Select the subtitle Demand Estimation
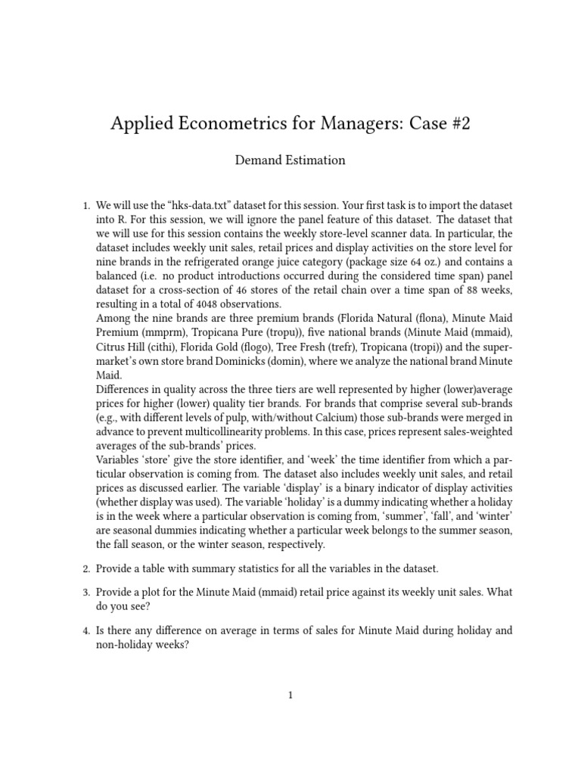click(x=290, y=160)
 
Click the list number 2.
click(x=85, y=568)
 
